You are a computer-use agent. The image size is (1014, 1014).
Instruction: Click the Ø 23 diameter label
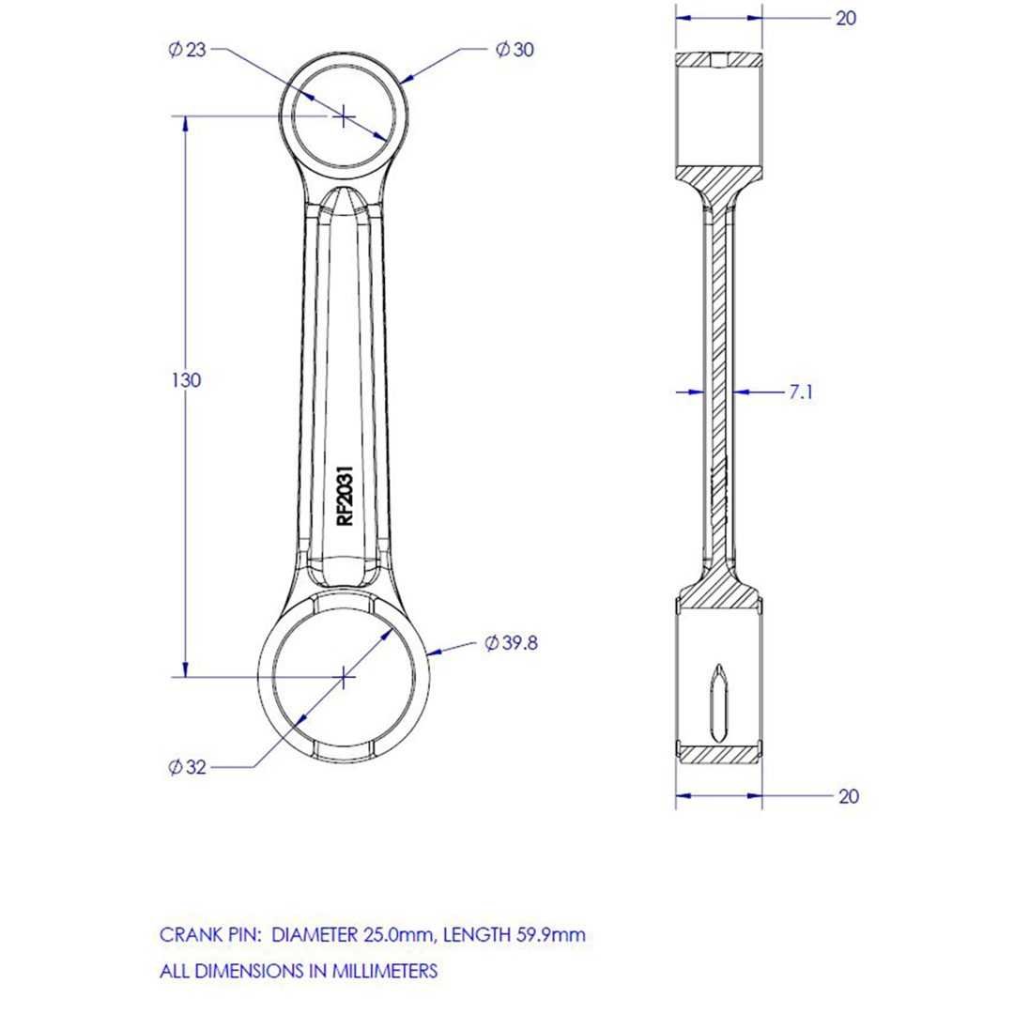(x=187, y=50)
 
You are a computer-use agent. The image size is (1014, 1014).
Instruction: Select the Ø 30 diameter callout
(x=515, y=50)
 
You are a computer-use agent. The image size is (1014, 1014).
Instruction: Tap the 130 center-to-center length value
(x=186, y=380)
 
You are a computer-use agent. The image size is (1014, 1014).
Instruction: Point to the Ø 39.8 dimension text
(x=512, y=643)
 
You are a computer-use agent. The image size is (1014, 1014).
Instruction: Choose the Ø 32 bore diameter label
(x=187, y=767)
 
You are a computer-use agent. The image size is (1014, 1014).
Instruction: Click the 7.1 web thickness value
(x=801, y=392)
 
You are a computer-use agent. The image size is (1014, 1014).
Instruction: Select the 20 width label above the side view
(x=846, y=18)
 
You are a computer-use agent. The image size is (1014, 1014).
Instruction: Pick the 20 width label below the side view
(x=849, y=796)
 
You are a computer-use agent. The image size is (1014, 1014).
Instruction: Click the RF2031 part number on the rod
(x=346, y=496)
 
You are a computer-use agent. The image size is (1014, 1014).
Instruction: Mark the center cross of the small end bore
(x=344, y=116)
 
